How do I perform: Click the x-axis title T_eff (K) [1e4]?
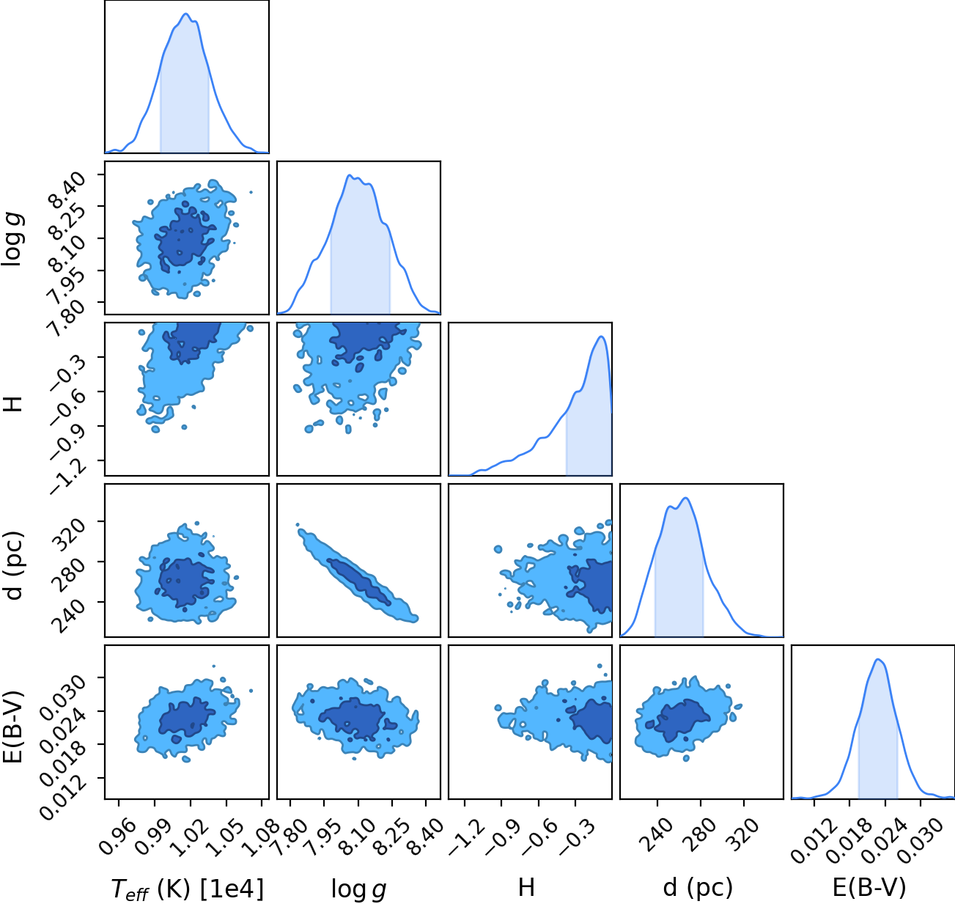(188, 889)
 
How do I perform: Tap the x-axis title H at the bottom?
(526, 887)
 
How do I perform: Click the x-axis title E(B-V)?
(869, 888)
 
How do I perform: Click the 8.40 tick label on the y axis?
(68, 191)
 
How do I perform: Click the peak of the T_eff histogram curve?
(185, 14)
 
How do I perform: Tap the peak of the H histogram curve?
(602, 337)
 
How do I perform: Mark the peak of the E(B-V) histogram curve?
(878, 660)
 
